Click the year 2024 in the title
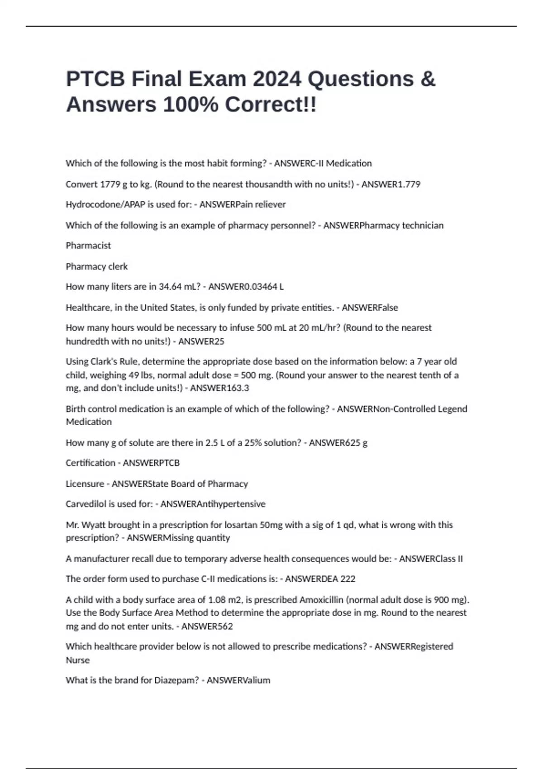point(276,79)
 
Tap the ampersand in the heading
point(428,79)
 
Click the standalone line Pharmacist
point(88,246)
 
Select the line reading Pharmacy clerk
point(97,266)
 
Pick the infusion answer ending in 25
point(219,342)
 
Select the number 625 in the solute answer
point(353,443)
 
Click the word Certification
point(90,463)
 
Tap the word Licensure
point(85,484)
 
